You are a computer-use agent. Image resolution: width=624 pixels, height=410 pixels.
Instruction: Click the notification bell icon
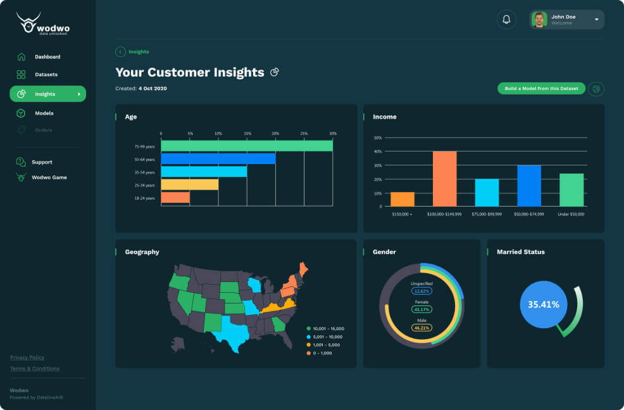[506, 20]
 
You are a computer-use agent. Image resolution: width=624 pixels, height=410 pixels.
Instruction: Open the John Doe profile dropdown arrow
[596, 20]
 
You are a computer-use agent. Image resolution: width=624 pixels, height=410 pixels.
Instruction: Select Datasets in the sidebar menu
[46, 75]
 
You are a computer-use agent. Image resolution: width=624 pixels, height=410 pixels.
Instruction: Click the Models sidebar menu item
[44, 113]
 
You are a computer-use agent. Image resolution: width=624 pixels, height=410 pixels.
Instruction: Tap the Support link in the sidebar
[42, 162]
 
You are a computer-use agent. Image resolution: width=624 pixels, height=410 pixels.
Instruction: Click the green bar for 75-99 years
[247, 146]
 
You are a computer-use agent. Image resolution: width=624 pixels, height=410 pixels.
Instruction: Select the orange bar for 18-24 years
[175, 198]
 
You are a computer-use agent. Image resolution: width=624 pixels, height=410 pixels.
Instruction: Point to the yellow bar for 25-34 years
[189, 184]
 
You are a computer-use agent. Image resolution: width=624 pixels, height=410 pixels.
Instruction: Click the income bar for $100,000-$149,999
[444, 179]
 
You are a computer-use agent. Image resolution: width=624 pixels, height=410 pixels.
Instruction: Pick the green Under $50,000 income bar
[571, 189]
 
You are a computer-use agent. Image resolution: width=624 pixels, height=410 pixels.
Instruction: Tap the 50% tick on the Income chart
[378, 138]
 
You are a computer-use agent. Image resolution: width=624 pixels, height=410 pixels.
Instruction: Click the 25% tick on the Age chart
[304, 134]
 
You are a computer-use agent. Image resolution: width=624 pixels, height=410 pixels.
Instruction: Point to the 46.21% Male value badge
[421, 328]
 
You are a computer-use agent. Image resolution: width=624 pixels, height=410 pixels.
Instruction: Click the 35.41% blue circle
[544, 304]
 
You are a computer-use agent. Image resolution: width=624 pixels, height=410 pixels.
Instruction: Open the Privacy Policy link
[27, 357]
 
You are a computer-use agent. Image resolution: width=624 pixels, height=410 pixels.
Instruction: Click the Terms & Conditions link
[35, 368]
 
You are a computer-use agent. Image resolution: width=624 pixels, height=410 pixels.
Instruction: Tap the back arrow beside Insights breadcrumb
[120, 52]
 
